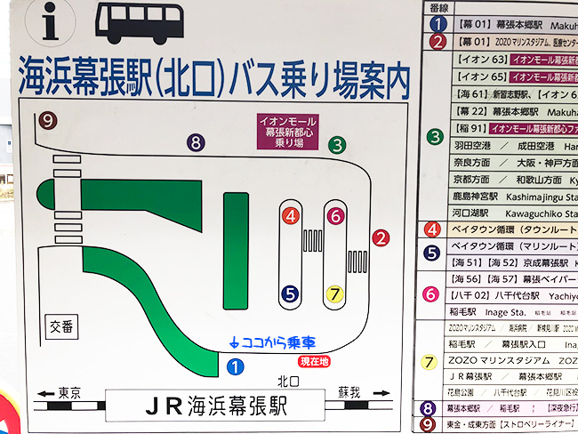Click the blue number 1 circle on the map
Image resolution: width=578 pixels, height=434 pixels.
pyautogui.click(x=235, y=364)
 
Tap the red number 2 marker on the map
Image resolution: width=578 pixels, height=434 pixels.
pyautogui.click(x=381, y=237)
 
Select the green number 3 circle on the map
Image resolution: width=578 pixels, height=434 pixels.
pyautogui.click(x=337, y=144)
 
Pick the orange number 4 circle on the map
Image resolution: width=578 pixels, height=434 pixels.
pyautogui.click(x=290, y=215)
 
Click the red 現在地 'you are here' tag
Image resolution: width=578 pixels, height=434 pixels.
pyautogui.click(x=314, y=361)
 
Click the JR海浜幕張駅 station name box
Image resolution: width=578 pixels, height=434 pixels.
pyautogui.click(x=213, y=406)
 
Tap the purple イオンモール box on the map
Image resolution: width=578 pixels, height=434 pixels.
pyautogui.click(x=287, y=131)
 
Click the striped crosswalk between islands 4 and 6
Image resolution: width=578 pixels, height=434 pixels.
pyautogui.click(x=313, y=242)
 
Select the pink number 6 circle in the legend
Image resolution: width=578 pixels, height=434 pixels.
pyautogui.click(x=431, y=293)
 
